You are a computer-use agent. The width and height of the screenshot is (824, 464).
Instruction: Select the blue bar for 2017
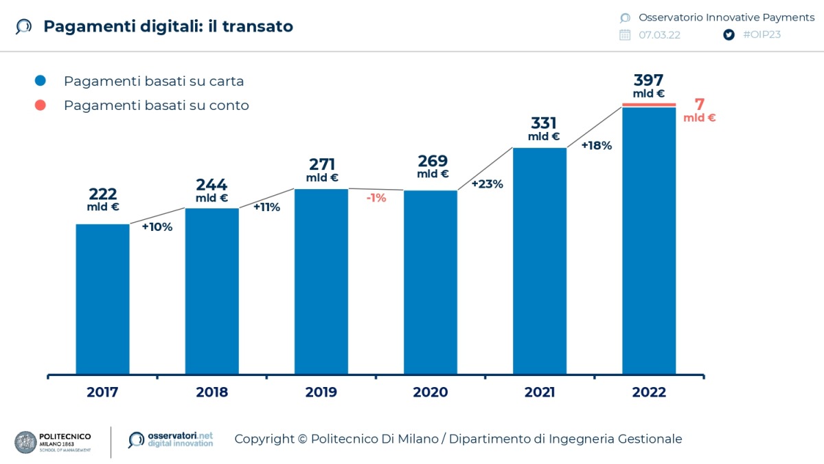pyautogui.click(x=102, y=299)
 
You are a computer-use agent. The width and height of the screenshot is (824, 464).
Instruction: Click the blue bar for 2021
pyautogui.click(x=540, y=261)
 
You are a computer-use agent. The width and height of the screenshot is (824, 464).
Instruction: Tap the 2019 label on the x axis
pyautogui.click(x=321, y=393)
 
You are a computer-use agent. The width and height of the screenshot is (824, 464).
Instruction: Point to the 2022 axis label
pyautogui.click(x=649, y=393)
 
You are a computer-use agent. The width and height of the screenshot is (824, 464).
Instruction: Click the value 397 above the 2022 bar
pyautogui.click(x=648, y=80)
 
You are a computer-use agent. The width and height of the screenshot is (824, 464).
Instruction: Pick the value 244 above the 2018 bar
pyautogui.click(x=211, y=185)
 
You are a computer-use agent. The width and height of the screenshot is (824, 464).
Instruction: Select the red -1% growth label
pyautogui.click(x=376, y=198)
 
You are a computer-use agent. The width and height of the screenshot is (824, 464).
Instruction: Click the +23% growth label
pyautogui.click(x=487, y=184)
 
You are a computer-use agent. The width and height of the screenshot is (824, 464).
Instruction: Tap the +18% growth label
pyautogui.click(x=596, y=146)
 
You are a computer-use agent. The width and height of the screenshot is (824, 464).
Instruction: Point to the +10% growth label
pyautogui.click(x=157, y=227)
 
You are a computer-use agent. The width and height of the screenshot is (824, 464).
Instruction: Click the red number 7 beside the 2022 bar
pyautogui.click(x=700, y=104)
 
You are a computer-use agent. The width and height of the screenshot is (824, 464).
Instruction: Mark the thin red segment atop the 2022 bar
pyautogui.click(x=649, y=105)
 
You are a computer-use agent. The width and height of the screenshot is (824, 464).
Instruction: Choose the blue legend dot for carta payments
pyautogui.click(x=41, y=81)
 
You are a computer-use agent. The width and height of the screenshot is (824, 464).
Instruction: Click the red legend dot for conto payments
pyautogui.click(x=41, y=105)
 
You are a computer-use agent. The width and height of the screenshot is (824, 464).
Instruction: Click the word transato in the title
pyautogui.click(x=260, y=26)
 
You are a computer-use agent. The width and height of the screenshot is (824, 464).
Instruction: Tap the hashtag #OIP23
pyautogui.click(x=762, y=35)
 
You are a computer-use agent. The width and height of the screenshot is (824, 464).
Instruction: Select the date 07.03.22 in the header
pyautogui.click(x=659, y=35)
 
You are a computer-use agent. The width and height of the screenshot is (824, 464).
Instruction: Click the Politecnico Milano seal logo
pyautogui.click(x=25, y=442)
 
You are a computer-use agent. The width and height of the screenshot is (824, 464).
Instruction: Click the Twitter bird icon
pyautogui.click(x=729, y=35)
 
